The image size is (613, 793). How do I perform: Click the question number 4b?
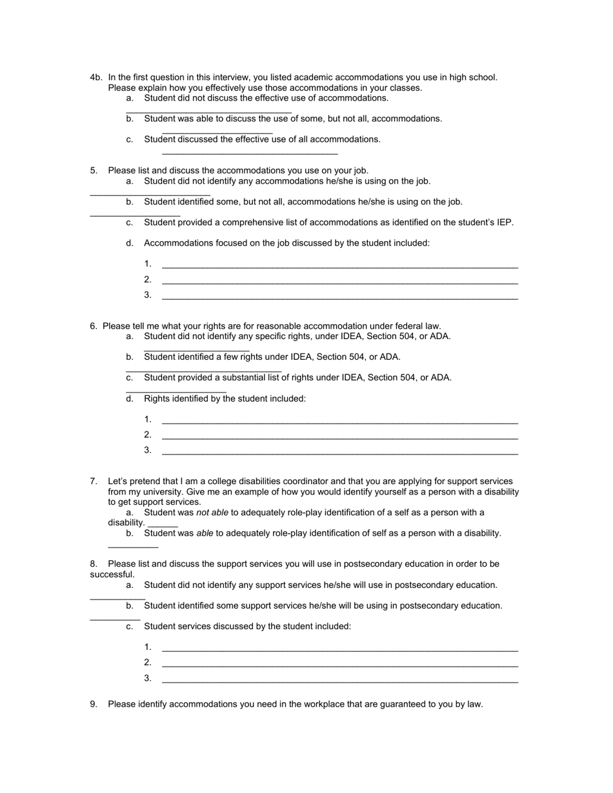pos(96,77)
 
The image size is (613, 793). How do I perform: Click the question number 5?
pos(94,170)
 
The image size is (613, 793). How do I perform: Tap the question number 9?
pos(94,704)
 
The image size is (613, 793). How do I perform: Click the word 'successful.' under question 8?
pos(112,574)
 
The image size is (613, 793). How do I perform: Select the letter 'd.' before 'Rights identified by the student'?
pos(130,398)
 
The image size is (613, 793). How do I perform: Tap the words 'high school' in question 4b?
pos(472,77)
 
